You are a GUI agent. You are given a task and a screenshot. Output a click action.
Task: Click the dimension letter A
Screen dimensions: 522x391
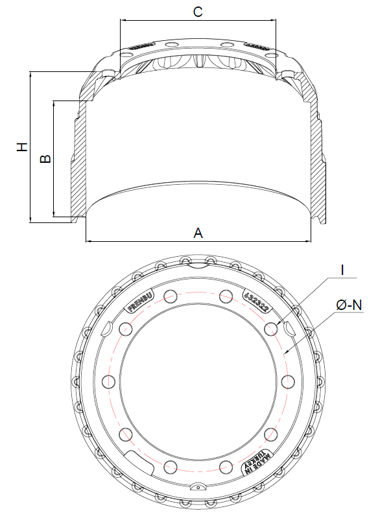(x=198, y=232)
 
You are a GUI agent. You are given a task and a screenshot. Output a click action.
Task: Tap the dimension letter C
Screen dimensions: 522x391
(x=198, y=12)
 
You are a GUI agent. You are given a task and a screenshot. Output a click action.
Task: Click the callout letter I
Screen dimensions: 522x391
(x=342, y=269)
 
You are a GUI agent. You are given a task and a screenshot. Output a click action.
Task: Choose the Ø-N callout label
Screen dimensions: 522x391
(x=349, y=303)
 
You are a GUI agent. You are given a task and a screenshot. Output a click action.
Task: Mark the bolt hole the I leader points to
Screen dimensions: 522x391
(x=272, y=328)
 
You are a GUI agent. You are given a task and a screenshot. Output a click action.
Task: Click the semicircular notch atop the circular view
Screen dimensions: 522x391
(x=196, y=262)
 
